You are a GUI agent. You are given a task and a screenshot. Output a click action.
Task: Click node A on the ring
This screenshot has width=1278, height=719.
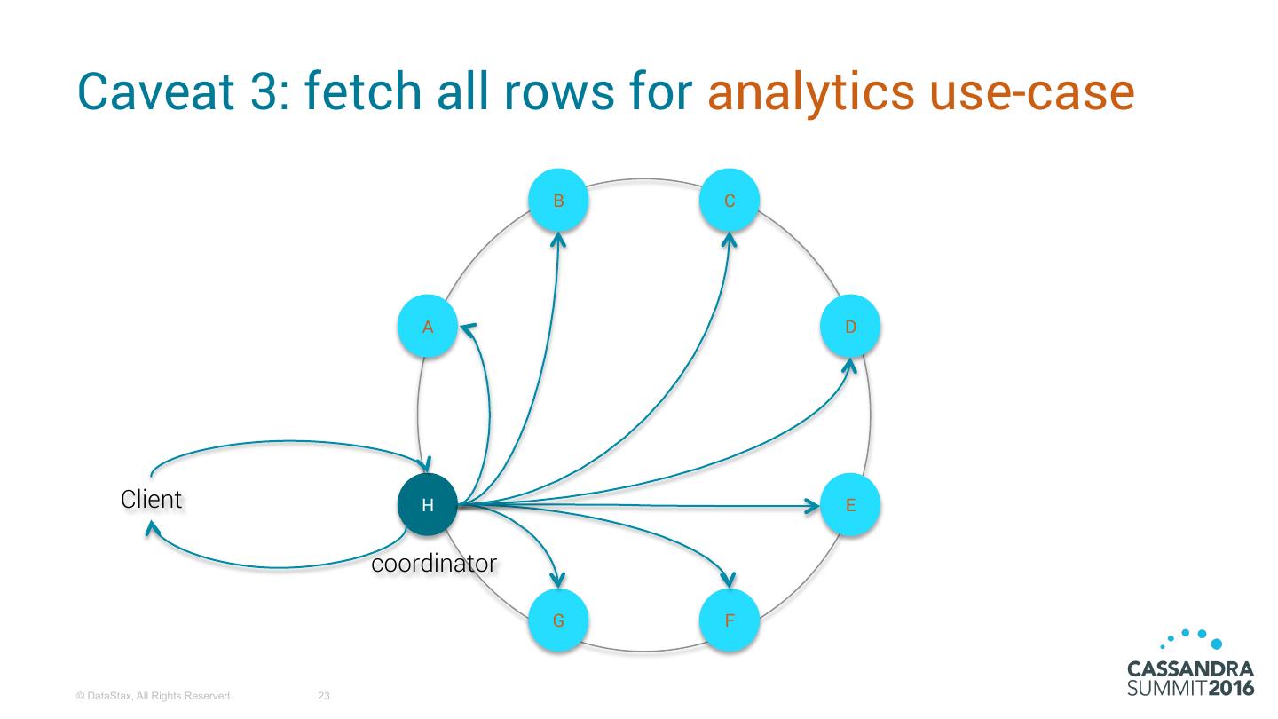427,327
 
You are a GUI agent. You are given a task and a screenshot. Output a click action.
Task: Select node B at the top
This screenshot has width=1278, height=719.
558,201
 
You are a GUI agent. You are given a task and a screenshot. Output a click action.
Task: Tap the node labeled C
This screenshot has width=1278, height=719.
729,201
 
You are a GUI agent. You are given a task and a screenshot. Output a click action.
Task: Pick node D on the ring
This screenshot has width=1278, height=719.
850,327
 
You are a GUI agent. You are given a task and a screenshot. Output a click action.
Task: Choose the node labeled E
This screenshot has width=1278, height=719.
850,506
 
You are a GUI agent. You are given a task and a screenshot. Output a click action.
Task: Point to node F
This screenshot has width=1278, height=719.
729,620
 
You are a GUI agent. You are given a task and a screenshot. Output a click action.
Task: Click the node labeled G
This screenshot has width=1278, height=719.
558,620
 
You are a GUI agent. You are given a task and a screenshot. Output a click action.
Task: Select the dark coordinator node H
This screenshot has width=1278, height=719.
427,506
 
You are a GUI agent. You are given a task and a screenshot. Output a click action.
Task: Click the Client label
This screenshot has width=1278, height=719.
151,500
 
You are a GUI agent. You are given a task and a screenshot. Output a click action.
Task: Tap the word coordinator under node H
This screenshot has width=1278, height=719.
433,564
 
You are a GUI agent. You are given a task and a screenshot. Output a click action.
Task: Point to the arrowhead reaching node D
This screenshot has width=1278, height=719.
849,364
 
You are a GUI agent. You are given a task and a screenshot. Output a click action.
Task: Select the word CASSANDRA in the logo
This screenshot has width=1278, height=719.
1189,668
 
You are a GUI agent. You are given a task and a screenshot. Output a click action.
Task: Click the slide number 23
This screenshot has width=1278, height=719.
324,697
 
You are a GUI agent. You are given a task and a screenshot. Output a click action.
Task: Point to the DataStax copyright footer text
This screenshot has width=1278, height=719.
154,697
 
